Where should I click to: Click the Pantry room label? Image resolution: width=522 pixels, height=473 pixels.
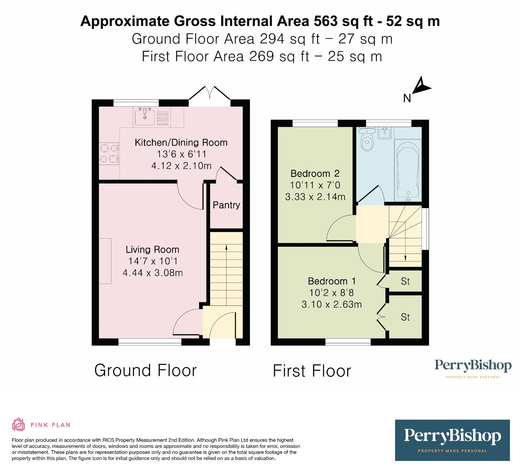coord(226,205)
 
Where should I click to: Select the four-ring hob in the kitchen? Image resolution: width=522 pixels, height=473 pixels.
coord(109,154)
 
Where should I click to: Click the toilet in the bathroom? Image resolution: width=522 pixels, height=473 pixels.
coord(368,140)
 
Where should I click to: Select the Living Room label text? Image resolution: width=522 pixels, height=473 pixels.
coord(152,250)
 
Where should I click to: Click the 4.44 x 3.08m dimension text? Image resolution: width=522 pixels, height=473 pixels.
coord(152,273)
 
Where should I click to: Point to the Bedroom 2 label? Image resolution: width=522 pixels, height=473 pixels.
coord(315,173)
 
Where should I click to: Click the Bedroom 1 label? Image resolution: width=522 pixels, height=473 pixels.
coord(331,281)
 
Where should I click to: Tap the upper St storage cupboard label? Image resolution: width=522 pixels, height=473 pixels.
coord(405,281)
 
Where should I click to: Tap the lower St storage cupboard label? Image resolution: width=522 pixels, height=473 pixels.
coord(405,317)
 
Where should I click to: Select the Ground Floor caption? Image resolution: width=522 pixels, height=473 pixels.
coord(146,371)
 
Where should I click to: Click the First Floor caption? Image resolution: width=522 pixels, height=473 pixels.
coord(312,371)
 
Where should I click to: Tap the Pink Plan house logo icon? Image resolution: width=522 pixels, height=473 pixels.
coord(18,424)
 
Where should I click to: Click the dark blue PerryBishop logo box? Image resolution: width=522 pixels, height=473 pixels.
coord(452,440)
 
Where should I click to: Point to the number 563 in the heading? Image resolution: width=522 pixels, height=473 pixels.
coord(325,21)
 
